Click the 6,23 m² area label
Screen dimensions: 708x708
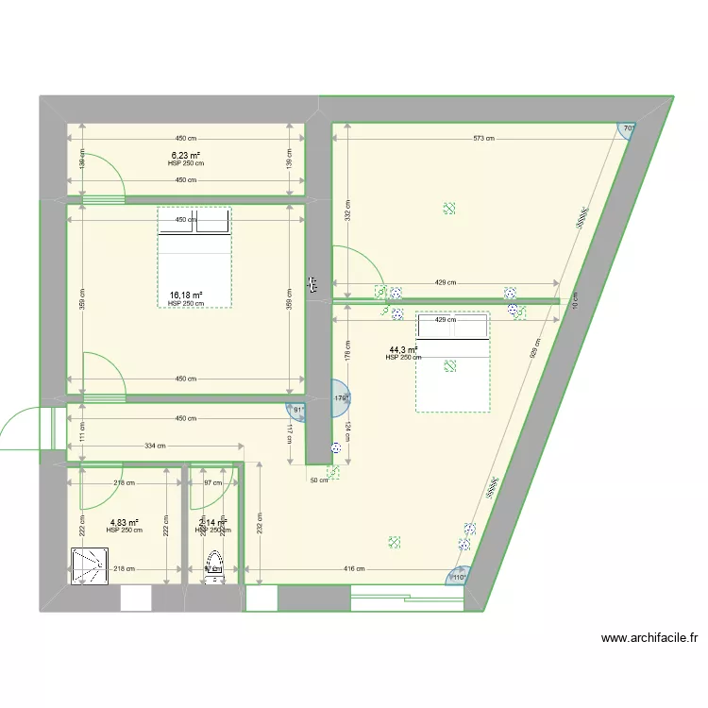click(x=186, y=156)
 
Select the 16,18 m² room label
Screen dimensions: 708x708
click(x=186, y=295)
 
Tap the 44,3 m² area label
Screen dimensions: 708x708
click(x=403, y=350)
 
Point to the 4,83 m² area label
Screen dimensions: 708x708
click(x=125, y=523)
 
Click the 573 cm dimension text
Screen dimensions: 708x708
click(x=484, y=139)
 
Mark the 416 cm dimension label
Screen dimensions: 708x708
click(x=356, y=569)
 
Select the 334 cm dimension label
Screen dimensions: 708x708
click(x=156, y=446)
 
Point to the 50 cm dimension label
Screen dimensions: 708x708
click(x=319, y=480)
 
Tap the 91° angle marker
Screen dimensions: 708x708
click(x=299, y=411)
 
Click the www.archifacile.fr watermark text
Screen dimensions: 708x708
click(x=649, y=639)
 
